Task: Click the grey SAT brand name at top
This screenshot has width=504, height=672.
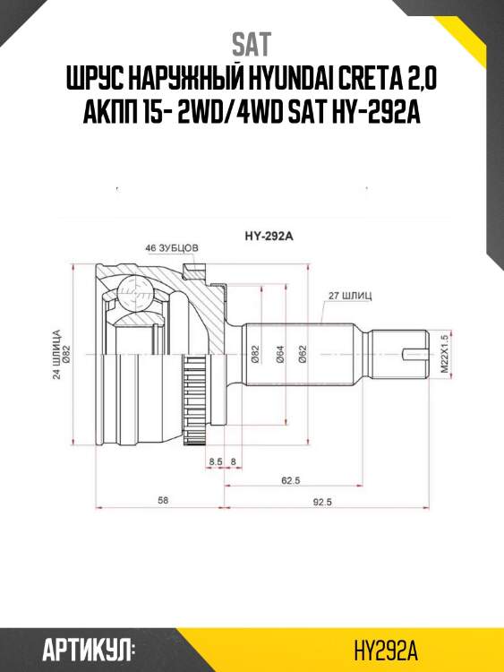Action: (x=252, y=44)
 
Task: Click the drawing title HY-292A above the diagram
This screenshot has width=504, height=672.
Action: (x=269, y=236)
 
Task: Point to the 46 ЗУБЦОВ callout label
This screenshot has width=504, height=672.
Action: (x=172, y=248)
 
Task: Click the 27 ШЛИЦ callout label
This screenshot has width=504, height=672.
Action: (x=350, y=296)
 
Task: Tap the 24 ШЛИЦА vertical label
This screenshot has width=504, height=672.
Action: (x=57, y=355)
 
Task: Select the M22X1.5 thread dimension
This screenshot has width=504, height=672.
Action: (x=444, y=354)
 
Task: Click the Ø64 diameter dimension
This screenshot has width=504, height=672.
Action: (x=280, y=355)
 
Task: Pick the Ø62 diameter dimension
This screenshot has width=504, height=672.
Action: (x=303, y=355)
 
